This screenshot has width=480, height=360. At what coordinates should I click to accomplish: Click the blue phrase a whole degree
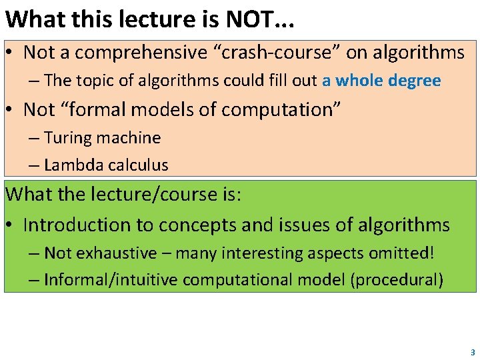381,81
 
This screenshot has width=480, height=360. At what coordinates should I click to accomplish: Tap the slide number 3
473,351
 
